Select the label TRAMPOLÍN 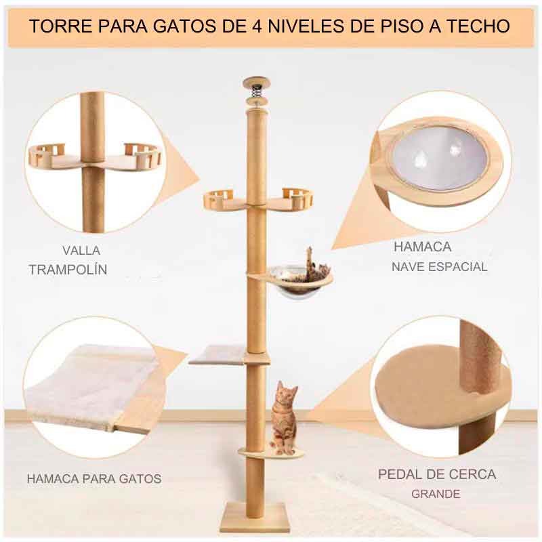tap(68, 270)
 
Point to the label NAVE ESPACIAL tap(439, 267)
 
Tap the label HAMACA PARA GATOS tap(94, 479)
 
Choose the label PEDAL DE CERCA tap(437, 474)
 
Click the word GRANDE tap(436, 494)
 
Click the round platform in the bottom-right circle tap(434, 393)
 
